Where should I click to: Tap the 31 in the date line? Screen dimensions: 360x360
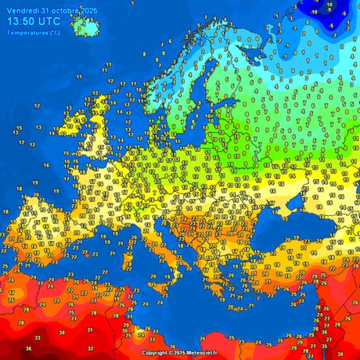42,9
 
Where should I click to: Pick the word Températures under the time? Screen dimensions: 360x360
24,32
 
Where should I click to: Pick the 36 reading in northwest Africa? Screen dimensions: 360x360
29,348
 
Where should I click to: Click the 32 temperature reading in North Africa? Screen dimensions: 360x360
90,348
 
